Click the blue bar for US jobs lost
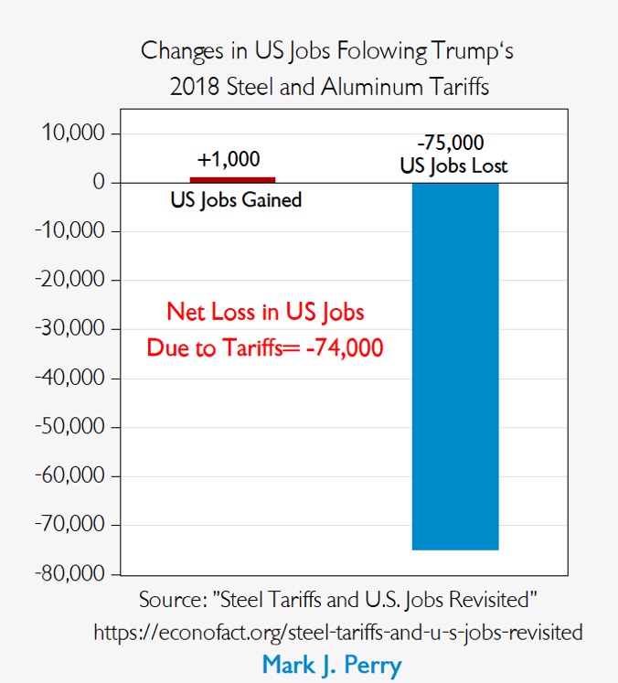coord(454,366)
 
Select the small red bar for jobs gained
coord(232,179)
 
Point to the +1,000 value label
coord(229,159)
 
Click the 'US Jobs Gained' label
coord(236,199)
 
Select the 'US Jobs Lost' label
coord(453,166)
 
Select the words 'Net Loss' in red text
coord(207,312)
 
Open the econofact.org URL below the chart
coord(337,632)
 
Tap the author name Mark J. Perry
coord(332,665)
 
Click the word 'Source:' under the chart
coord(175,600)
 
